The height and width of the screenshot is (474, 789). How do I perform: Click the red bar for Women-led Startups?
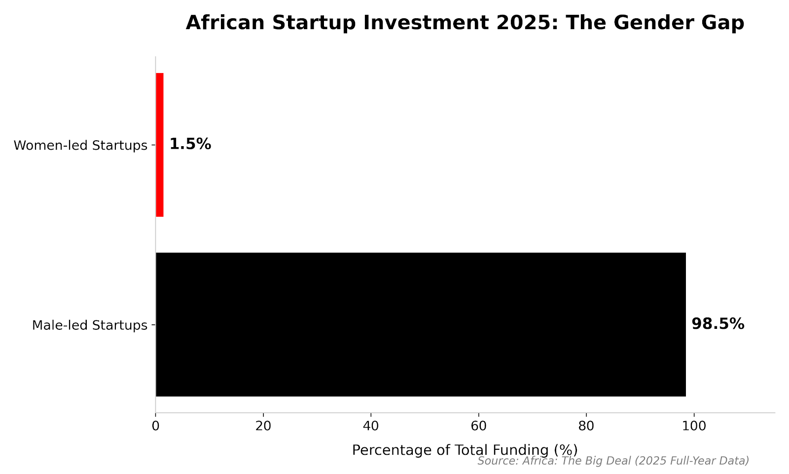(x=159, y=145)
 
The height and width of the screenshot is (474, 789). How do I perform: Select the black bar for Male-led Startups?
(x=420, y=324)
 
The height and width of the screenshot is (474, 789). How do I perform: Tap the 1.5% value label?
(x=190, y=144)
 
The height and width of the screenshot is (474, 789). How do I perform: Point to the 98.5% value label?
(x=717, y=324)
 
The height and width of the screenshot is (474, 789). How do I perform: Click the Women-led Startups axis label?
(x=80, y=146)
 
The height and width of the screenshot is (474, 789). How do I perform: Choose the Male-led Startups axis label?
(x=90, y=325)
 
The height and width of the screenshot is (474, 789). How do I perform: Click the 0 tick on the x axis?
(x=156, y=425)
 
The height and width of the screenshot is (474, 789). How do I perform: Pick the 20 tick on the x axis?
(x=263, y=425)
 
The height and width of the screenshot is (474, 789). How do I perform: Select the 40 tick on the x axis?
(x=371, y=425)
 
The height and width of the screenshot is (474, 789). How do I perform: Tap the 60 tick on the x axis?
(x=478, y=425)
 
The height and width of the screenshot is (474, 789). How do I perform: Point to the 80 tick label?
(x=586, y=425)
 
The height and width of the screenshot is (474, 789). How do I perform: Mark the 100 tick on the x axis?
(x=694, y=425)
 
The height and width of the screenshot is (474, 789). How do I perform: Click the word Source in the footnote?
(x=496, y=461)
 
